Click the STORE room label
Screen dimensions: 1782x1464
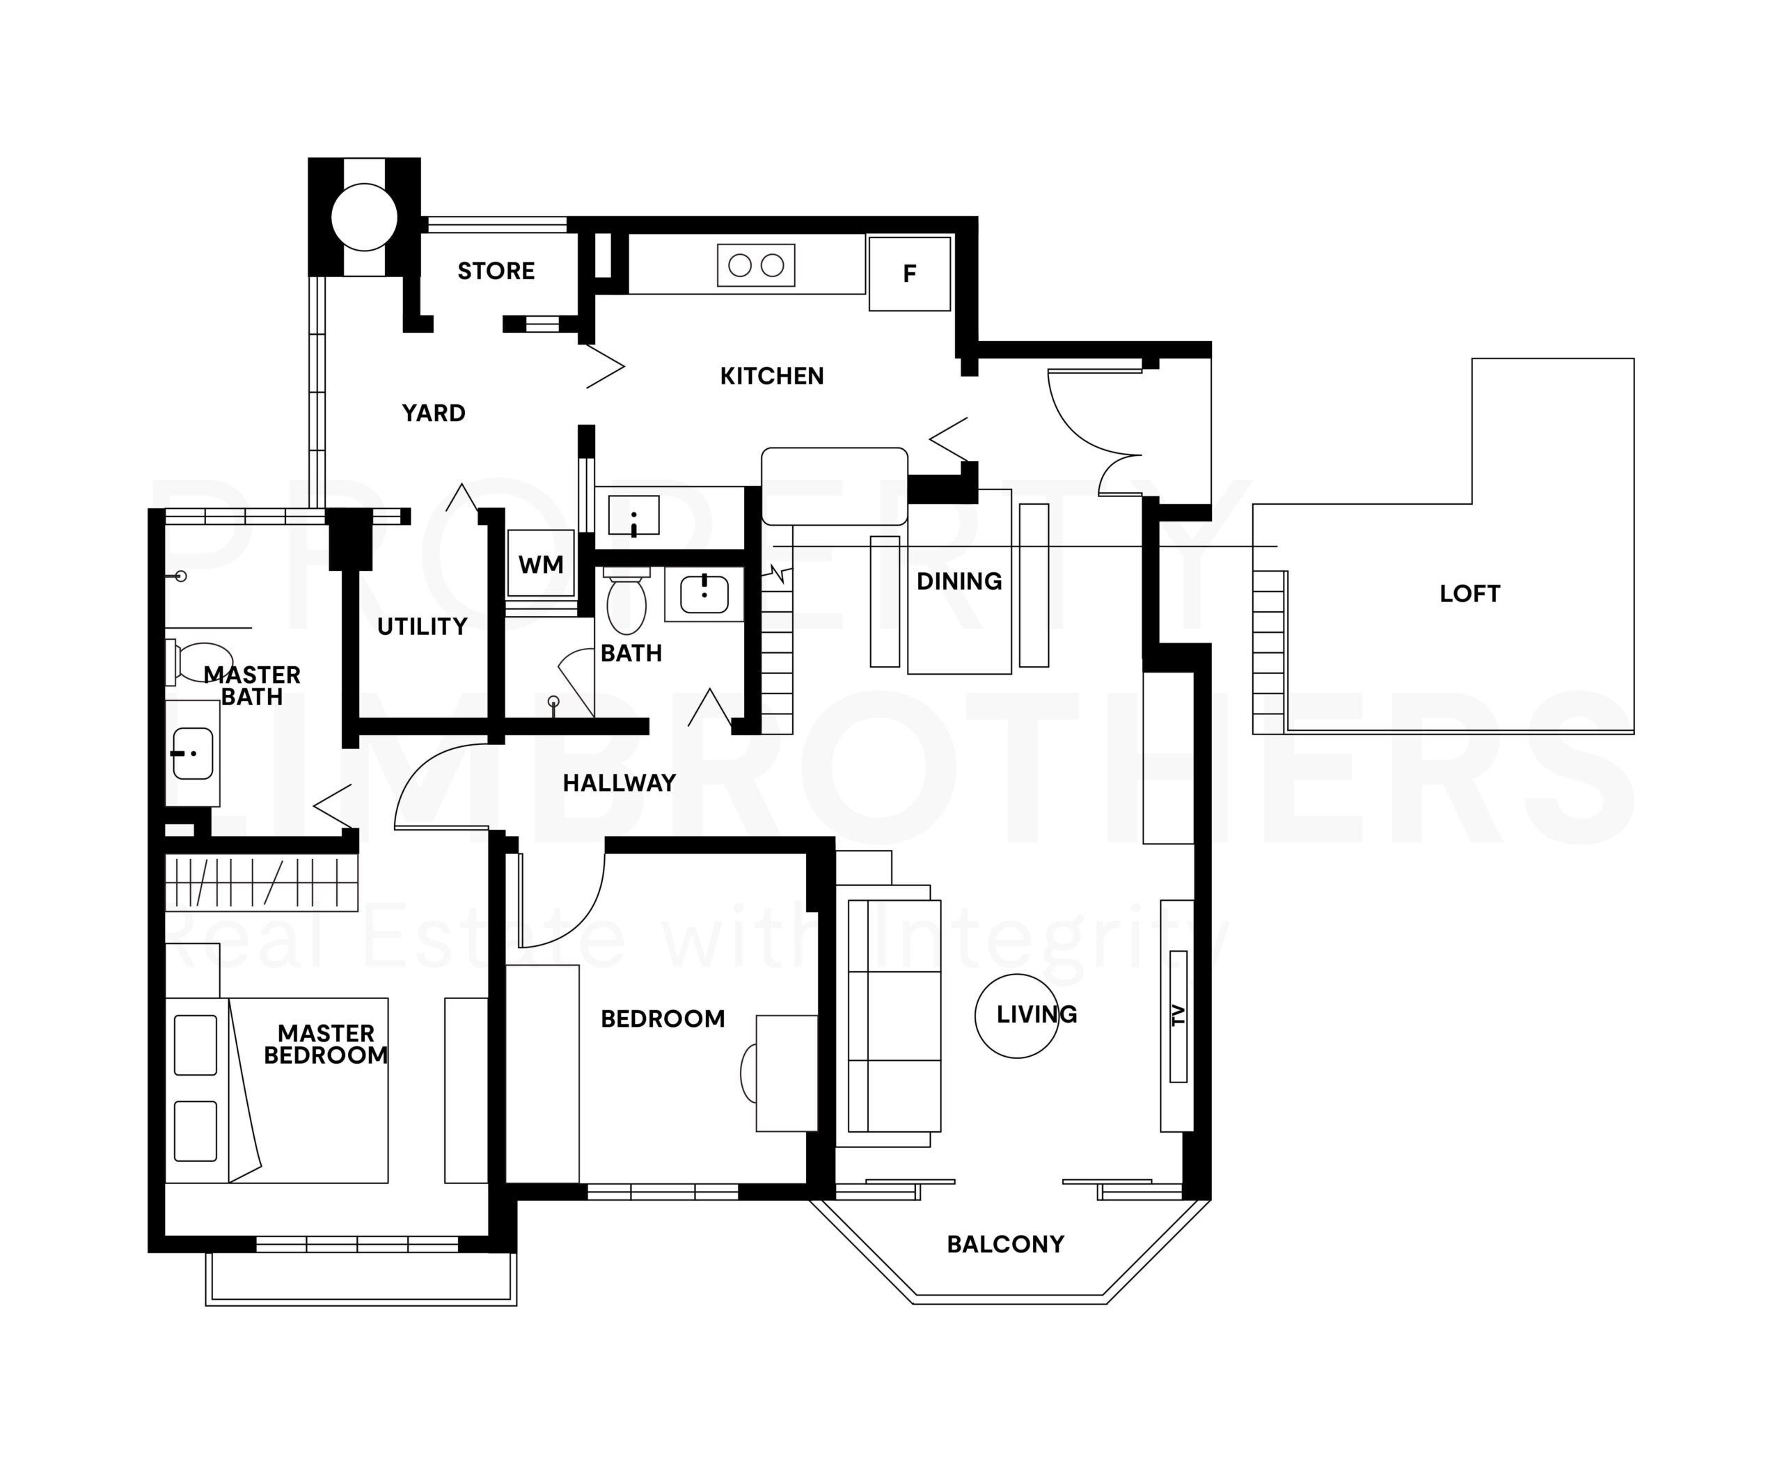pos(496,271)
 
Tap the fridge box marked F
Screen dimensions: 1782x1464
pos(910,273)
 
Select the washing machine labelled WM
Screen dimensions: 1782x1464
pos(541,563)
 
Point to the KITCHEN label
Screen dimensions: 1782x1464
pos(772,376)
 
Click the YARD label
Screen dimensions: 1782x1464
pos(434,414)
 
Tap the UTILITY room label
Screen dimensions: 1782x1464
pos(422,627)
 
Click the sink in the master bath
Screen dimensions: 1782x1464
pos(192,753)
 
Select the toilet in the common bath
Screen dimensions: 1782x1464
pos(626,601)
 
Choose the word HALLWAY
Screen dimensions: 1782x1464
pos(619,783)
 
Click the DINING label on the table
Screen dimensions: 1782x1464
pos(959,581)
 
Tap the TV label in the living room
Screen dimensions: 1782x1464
pos(1179,1016)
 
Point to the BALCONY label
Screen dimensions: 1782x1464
pos(1005,1245)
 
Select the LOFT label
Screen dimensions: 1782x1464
pos(1470,594)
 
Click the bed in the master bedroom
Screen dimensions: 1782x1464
pos(276,1090)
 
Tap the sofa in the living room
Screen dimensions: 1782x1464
pos(894,1016)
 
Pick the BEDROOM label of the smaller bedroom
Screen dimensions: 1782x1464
pos(663,1018)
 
